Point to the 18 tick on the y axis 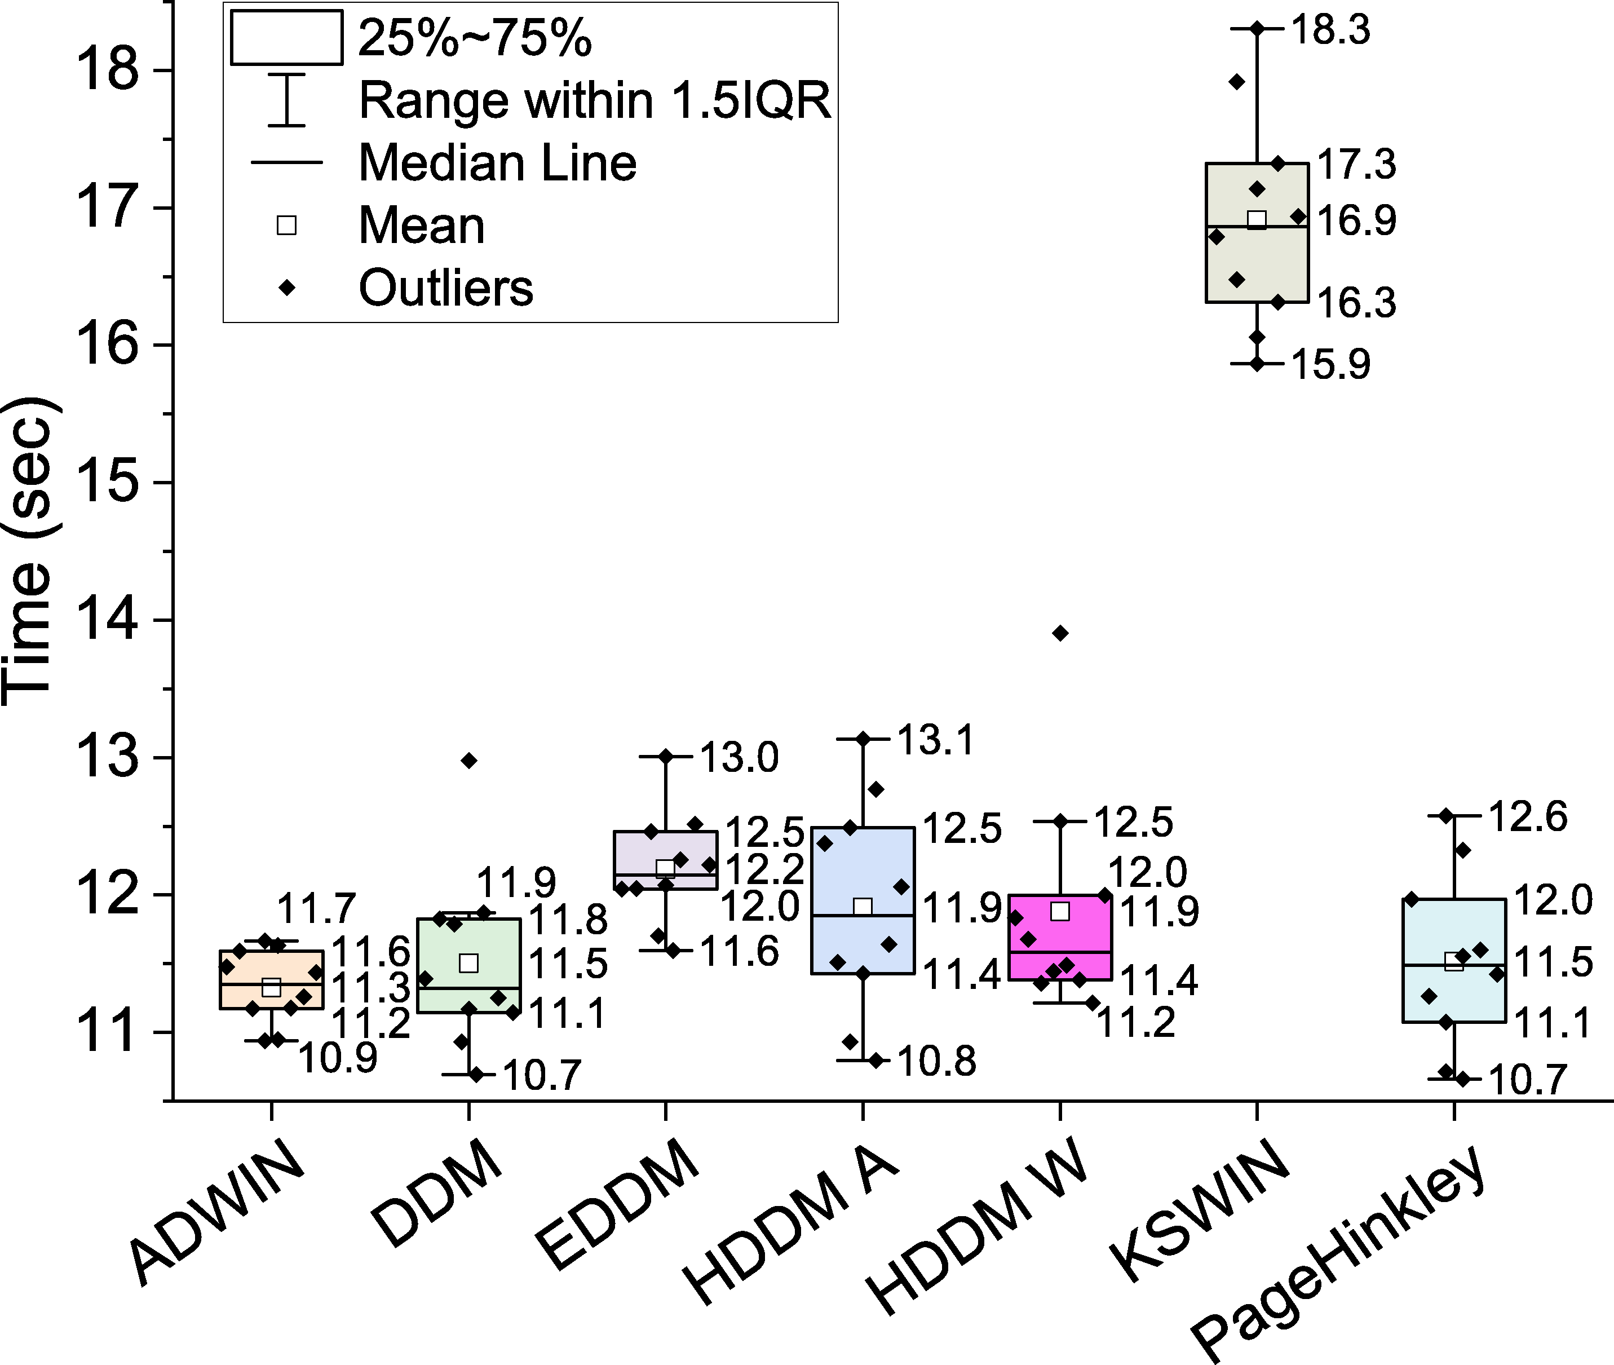coord(108,70)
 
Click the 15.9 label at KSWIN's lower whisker coord(1331,364)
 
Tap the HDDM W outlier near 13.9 coord(1061,634)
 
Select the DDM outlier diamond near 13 coord(469,761)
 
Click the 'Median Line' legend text coord(498,164)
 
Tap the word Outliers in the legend coord(446,288)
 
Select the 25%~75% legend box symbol coord(286,37)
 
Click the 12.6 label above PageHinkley coord(1528,816)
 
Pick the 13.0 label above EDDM coord(739,758)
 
